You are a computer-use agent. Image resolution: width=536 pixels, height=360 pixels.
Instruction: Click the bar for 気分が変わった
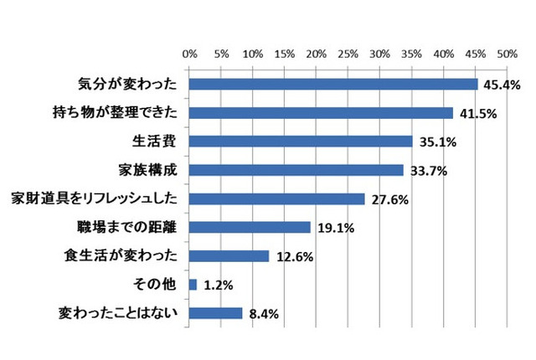[333, 85]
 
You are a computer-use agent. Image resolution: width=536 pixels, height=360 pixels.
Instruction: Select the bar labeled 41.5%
[321, 113]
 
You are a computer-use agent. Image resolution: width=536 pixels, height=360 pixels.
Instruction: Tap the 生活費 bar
[301, 141]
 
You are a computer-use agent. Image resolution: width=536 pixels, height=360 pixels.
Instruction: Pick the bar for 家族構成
[296, 170]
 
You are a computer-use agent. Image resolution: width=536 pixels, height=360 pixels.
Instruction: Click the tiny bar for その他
[193, 285]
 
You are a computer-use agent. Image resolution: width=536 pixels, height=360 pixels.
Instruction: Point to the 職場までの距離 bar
[250, 227]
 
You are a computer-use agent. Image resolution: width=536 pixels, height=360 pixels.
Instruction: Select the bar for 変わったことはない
[216, 313]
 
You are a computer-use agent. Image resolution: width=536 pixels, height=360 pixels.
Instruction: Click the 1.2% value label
[217, 285]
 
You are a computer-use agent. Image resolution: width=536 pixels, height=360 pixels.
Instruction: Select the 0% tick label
[190, 54]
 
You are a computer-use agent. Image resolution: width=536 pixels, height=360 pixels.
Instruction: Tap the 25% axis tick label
[348, 54]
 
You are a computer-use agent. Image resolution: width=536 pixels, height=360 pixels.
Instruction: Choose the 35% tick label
[411, 54]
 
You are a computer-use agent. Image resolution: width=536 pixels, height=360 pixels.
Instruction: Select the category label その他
[157, 285]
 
